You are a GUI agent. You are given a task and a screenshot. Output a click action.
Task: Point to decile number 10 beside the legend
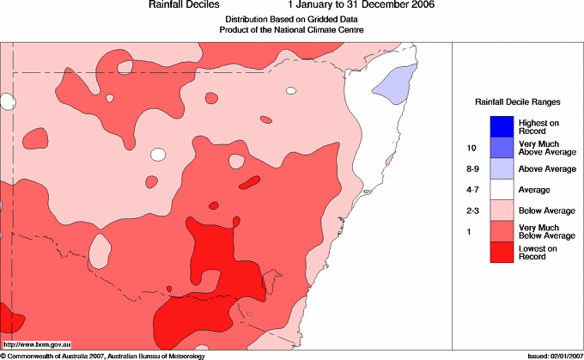tap(468, 148)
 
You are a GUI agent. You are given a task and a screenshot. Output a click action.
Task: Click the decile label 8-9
tap(469, 169)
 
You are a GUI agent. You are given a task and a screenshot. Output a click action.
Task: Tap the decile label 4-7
tap(469, 190)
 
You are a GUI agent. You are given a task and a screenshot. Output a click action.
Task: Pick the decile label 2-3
tap(469, 211)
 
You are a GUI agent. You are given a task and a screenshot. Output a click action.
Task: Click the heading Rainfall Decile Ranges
tap(517, 101)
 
